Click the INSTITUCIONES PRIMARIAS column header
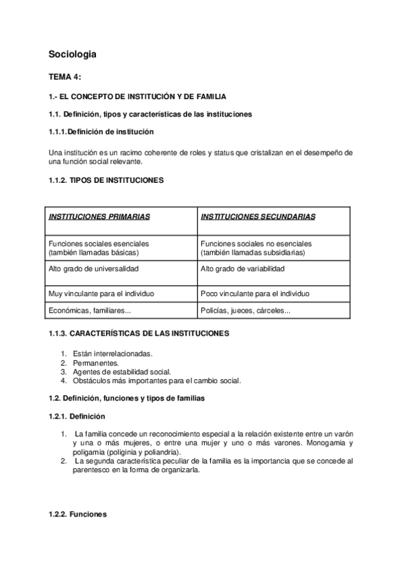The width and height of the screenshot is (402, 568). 99,217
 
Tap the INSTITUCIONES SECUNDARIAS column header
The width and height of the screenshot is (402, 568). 258,217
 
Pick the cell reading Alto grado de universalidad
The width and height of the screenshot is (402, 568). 93,269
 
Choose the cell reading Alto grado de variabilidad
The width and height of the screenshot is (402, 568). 242,269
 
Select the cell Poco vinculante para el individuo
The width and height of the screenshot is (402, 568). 255,293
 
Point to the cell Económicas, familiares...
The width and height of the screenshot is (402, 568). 89,310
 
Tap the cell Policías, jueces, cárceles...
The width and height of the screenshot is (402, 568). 246,310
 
